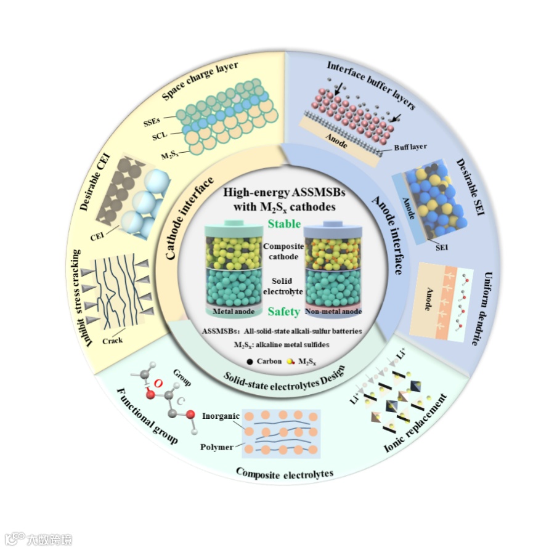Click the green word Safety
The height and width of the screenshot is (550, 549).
point(285,312)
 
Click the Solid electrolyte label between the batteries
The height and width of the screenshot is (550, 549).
point(284,285)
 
